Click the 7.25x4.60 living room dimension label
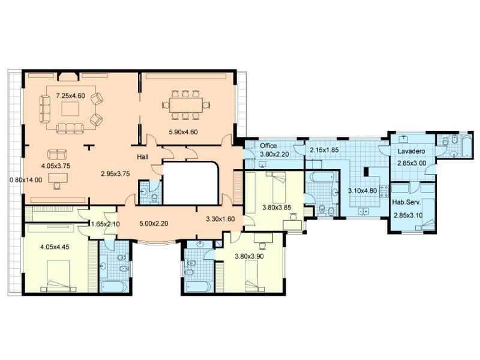tap(70, 96)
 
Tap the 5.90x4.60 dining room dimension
tap(183, 132)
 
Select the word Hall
tap(143, 157)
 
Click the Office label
tap(268, 146)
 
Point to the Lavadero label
tap(412, 151)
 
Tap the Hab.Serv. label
tap(407, 202)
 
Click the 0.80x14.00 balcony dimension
tap(26, 180)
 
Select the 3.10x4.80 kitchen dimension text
tap(362, 191)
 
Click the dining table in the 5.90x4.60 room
tap(186, 105)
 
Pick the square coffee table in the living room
tap(70, 109)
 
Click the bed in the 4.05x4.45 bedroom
tap(58, 275)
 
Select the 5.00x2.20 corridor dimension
tap(154, 224)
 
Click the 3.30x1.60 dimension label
tap(220, 219)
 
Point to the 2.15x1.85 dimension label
tap(324, 151)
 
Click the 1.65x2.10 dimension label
tap(106, 224)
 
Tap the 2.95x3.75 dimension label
tap(115, 174)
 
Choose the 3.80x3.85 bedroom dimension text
tap(277, 208)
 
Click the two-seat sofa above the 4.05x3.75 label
tap(57, 154)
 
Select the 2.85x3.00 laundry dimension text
tap(412, 163)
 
